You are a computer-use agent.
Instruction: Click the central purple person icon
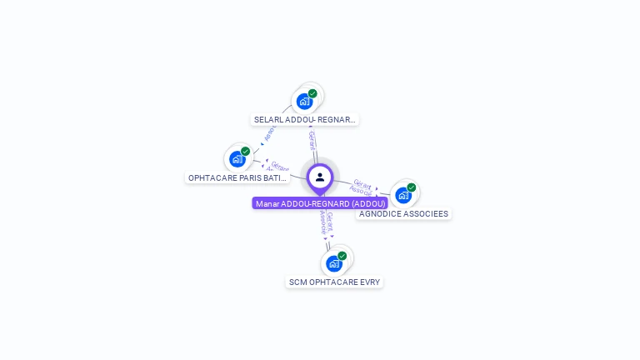click(320, 177)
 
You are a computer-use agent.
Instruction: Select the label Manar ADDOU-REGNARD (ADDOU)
click(320, 203)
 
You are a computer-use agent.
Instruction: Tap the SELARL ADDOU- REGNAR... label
click(305, 120)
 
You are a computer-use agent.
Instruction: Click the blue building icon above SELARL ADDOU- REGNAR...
click(304, 102)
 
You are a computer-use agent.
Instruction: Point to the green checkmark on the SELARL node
click(312, 93)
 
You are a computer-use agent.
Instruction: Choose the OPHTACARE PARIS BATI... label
click(237, 177)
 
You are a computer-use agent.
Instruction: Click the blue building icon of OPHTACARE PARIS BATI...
click(237, 159)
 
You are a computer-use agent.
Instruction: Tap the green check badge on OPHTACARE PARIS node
click(245, 151)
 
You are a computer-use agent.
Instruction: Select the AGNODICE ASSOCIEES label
click(403, 214)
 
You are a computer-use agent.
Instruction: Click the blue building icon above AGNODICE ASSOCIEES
click(403, 196)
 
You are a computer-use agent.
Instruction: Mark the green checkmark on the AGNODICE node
click(411, 187)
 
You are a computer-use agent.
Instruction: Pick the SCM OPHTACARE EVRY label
click(334, 282)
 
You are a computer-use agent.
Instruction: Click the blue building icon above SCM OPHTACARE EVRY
click(334, 264)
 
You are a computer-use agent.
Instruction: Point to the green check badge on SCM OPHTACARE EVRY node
click(342, 256)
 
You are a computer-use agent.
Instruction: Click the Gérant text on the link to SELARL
click(312, 139)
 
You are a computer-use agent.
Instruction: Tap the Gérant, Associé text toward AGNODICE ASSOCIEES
click(362, 187)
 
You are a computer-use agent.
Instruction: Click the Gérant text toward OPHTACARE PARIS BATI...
click(279, 167)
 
